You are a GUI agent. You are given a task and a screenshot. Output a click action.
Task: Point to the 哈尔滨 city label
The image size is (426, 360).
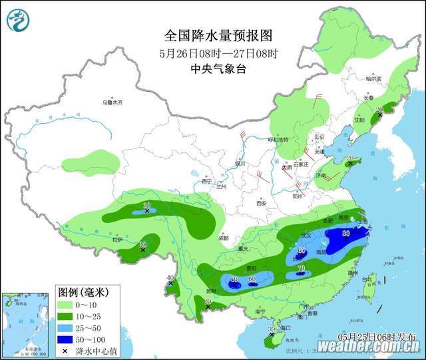[373, 79]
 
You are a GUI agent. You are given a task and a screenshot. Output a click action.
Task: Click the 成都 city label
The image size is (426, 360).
[222, 238]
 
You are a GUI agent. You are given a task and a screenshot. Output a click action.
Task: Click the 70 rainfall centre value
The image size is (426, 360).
[302, 269]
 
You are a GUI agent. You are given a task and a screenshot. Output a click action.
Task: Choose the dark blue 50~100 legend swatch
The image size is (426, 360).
[65, 339]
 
